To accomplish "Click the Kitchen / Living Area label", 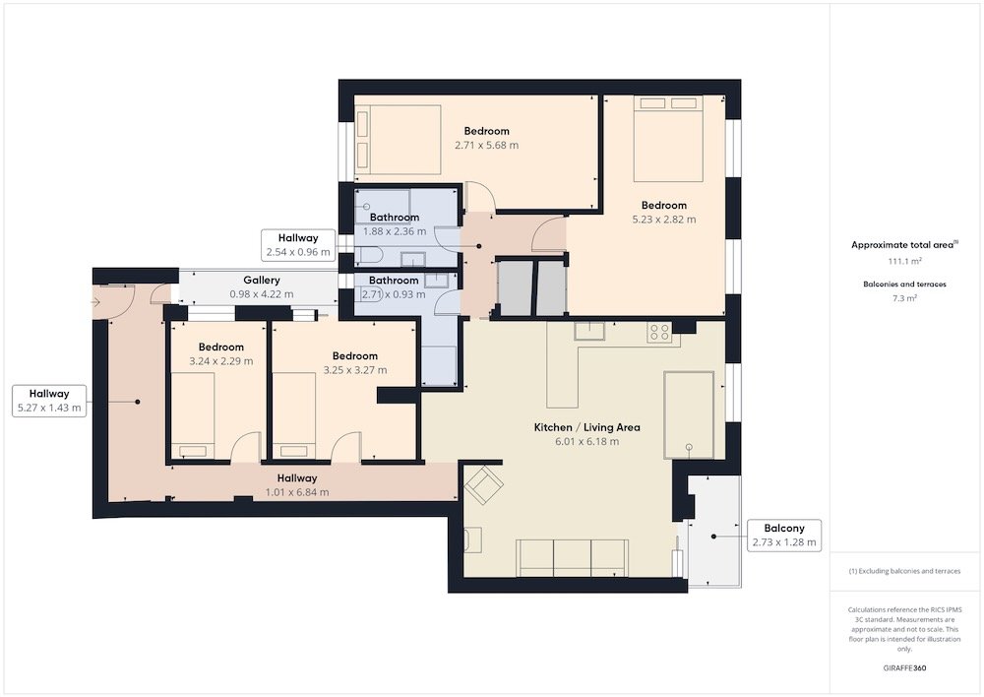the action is (x=586, y=427).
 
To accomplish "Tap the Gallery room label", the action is (x=262, y=280).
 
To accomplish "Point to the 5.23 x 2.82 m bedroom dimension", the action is (x=664, y=220).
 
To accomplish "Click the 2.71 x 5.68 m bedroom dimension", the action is (x=486, y=145).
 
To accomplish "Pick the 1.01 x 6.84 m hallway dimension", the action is (x=297, y=492).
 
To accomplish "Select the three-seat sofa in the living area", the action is (x=573, y=557).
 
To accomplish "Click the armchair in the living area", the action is (x=483, y=484).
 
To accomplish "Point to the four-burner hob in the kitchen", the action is (x=659, y=332).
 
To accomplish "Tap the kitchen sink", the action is (x=589, y=331).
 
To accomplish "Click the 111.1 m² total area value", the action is (x=904, y=261).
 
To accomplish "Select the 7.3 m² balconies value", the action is (x=904, y=298).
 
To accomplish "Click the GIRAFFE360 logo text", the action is (x=904, y=667).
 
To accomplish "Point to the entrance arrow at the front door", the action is (x=96, y=302).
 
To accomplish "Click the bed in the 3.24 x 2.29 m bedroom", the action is (x=193, y=415).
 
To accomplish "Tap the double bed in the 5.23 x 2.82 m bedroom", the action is (x=668, y=139).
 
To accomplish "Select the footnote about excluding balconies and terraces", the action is (x=904, y=571).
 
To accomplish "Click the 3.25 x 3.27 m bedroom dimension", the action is (x=355, y=370).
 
